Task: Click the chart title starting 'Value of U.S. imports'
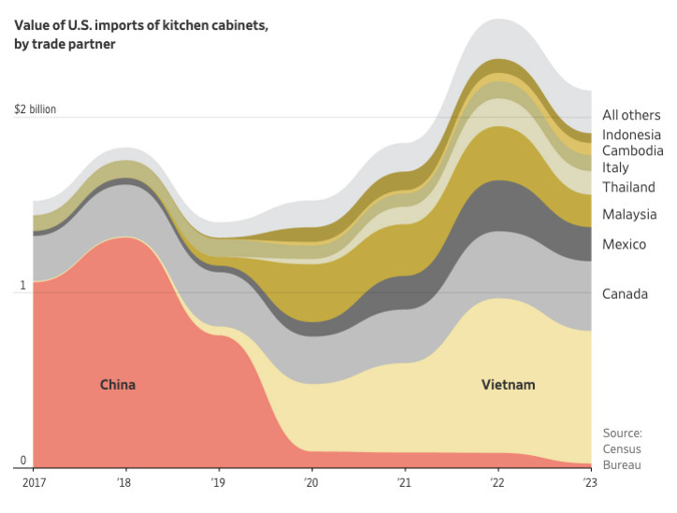140,34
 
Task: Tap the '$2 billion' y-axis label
36,109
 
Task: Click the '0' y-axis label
23,460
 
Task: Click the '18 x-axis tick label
124,482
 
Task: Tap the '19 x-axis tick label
218,482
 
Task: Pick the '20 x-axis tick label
310,482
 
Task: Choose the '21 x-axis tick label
404,482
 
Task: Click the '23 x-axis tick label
589,482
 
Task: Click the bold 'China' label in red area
118,385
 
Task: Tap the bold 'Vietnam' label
509,385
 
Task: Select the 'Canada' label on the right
626,294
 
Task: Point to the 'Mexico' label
625,244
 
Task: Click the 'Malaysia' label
629,214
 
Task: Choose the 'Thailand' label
628,187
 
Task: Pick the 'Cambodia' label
633,150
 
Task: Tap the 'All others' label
629,115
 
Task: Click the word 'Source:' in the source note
622,433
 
